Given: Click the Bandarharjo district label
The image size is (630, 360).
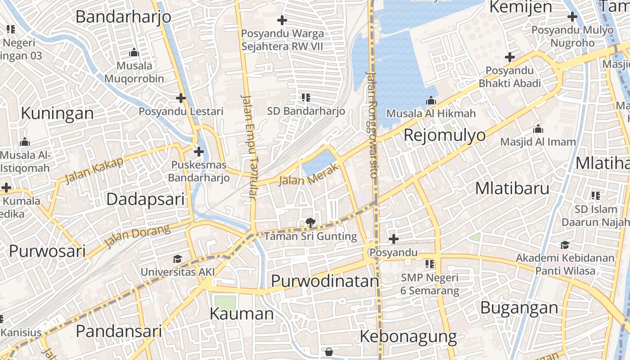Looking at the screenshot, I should [123, 17].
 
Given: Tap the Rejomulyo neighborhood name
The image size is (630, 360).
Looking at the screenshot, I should [445, 135].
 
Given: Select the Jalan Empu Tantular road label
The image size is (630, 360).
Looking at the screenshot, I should [249, 146].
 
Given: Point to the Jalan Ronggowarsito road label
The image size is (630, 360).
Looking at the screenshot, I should [372, 125].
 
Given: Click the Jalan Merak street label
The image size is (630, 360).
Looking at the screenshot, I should [308, 175].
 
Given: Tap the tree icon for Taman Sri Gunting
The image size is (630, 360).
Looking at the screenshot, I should [310, 222].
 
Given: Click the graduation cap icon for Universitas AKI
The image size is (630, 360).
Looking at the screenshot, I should [177, 259].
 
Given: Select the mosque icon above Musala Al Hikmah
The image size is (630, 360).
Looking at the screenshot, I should [431, 100].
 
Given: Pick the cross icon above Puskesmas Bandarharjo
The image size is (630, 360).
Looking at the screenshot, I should [198, 151].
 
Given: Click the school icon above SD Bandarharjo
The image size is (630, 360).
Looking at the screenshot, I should [306, 97].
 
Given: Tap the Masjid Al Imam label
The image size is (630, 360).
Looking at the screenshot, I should [538, 142].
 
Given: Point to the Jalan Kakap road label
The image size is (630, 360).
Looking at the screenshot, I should [94, 171].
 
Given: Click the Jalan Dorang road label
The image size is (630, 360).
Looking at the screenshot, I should [137, 236].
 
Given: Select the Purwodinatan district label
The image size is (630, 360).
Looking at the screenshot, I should [325, 281].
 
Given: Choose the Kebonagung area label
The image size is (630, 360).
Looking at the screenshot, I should [408, 336].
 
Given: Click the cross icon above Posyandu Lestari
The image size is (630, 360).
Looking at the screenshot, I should [181, 98].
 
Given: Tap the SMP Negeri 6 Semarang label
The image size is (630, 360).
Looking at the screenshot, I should [429, 284].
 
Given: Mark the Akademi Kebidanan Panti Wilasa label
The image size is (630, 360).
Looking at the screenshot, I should [565, 264].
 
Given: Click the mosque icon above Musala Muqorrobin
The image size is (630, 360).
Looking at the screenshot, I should [134, 53].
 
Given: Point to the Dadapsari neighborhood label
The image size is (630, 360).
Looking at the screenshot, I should [145, 199].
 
